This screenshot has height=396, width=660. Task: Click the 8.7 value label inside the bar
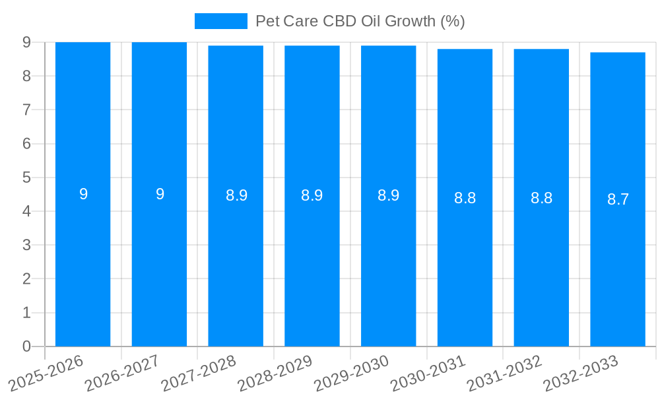[x=618, y=199]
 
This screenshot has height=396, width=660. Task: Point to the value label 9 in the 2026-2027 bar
[x=160, y=194]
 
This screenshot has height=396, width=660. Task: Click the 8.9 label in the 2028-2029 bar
[x=312, y=195]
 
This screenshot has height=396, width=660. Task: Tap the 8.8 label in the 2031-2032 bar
[x=541, y=198]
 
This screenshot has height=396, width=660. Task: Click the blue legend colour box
[x=221, y=21]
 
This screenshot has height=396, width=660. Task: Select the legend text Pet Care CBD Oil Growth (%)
[x=360, y=21]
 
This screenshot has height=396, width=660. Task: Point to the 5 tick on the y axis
[x=26, y=178]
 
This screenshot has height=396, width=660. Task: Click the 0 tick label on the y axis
[x=26, y=346]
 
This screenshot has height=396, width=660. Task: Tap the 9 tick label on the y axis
[x=26, y=42]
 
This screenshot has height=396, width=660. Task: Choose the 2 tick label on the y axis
[x=26, y=279]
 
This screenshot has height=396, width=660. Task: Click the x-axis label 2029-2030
[x=352, y=373]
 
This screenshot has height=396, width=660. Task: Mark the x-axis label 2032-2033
[x=581, y=373]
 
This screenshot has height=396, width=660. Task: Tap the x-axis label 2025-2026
[x=46, y=373]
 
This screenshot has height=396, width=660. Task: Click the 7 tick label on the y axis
[x=26, y=110]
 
